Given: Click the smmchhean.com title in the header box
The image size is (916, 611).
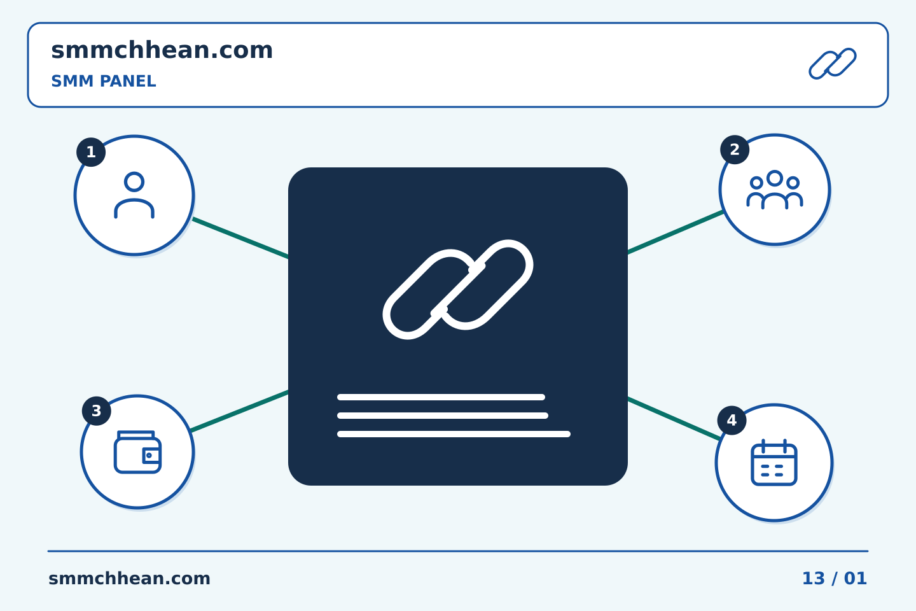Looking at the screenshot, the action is (x=162, y=50).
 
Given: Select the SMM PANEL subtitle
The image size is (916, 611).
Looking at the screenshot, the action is (x=104, y=81).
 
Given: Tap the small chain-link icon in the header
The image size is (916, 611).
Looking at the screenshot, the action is (x=833, y=64).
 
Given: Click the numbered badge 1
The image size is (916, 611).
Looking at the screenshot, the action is (x=91, y=152).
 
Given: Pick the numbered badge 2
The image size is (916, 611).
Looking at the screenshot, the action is (x=735, y=150).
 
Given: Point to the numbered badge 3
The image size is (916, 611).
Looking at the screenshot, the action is (x=97, y=411).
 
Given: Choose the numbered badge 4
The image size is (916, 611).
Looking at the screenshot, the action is (x=732, y=420).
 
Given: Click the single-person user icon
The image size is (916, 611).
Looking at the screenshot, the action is (x=134, y=195).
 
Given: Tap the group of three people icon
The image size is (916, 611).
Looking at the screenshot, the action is (x=775, y=190).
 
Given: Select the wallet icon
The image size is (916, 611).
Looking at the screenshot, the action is (x=137, y=452).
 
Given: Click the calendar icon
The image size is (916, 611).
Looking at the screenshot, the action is (x=774, y=463).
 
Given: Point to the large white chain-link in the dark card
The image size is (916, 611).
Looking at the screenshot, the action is (x=458, y=290).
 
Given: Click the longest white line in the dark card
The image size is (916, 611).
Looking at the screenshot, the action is (x=454, y=434).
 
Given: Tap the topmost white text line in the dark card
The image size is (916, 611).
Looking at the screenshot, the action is (x=441, y=397).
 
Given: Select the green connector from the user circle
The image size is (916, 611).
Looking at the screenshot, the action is (x=240, y=238).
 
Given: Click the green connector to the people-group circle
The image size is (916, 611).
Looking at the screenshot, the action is (x=676, y=232).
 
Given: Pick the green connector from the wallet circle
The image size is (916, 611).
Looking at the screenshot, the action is (x=240, y=411).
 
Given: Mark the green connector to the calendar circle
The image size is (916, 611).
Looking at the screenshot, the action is (x=674, y=419).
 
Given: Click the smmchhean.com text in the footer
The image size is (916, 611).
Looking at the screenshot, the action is (x=129, y=579).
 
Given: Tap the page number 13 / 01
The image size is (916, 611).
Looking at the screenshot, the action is (x=835, y=579).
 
